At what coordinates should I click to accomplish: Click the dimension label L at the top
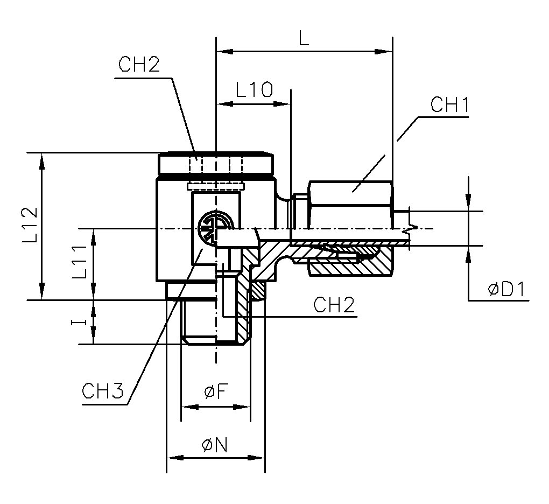[x=304, y=39]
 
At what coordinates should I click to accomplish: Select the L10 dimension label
[x=255, y=89]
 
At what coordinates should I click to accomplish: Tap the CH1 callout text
[x=450, y=105]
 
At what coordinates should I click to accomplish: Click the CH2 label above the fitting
[x=139, y=65]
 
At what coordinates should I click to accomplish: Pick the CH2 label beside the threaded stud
[x=334, y=305]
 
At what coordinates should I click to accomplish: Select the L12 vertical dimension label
[x=30, y=226]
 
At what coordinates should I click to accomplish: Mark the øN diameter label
[x=215, y=445]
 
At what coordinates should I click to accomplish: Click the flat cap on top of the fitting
[x=215, y=162]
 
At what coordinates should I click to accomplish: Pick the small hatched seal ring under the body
[x=259, y=291]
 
